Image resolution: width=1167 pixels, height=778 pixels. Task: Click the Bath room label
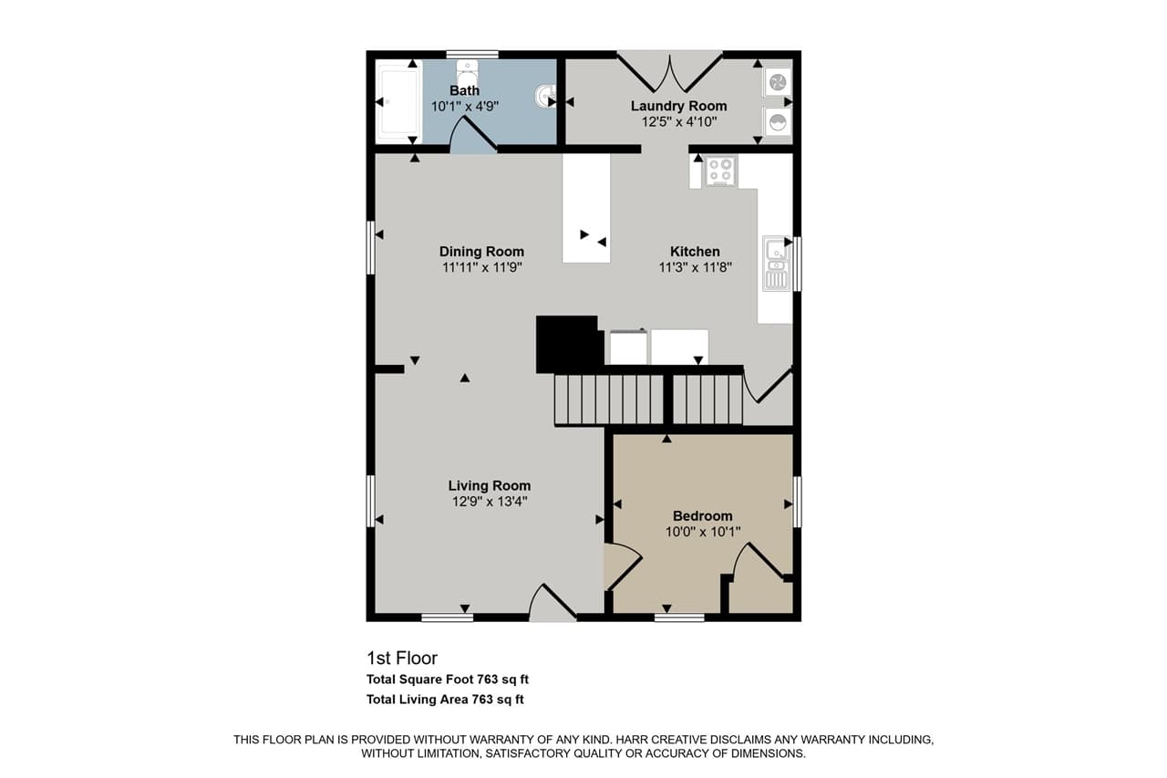464,90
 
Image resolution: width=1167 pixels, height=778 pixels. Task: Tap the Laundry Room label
678,106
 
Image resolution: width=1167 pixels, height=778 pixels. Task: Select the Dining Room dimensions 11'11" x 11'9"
481,267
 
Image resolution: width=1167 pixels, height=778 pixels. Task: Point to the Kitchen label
695,252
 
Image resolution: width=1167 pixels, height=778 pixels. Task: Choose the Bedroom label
702,515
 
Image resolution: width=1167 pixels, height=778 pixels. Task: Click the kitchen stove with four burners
720,171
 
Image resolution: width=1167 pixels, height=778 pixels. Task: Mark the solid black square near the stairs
567,343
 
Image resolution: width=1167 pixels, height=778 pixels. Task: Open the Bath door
473,138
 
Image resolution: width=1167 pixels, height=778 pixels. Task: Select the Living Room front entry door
552,603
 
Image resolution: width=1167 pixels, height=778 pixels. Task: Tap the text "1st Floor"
402,658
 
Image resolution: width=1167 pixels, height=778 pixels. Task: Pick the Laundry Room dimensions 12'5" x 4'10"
678,121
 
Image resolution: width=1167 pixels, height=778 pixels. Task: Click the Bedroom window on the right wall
797,502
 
